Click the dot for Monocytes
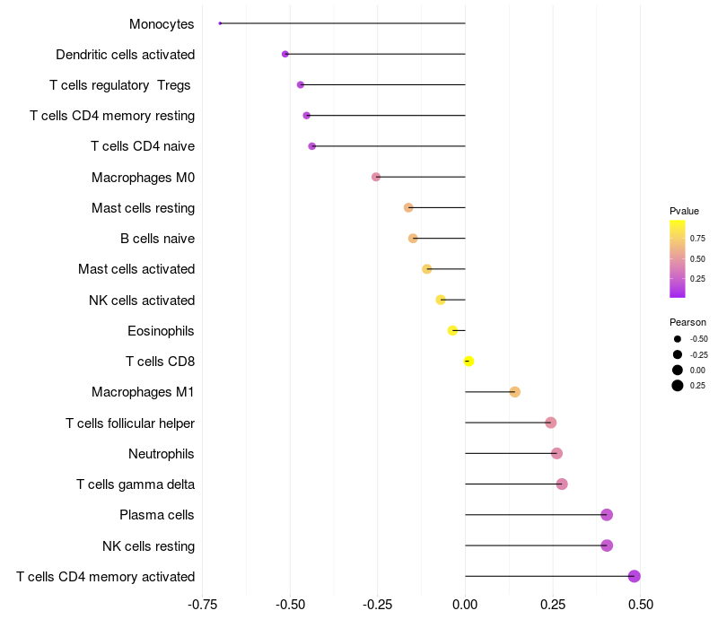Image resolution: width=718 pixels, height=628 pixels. coord(220,23)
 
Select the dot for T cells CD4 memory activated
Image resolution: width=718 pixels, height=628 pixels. coord(635,576)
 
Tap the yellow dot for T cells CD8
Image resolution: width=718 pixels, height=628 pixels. coord(468,362)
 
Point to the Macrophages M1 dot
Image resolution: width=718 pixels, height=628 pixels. coord(514,392)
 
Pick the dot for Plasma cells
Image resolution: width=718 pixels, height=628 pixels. coord(607,515)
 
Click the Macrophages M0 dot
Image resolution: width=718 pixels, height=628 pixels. coord(376,177)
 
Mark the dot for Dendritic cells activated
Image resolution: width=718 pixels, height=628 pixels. coord(285,54)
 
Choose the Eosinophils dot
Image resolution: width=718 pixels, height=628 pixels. coord(452,331)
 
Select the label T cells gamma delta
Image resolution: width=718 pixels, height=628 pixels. coord(136,484)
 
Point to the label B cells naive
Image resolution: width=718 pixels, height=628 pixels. coord(157,239)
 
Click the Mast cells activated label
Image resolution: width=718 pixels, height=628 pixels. coord(136,269)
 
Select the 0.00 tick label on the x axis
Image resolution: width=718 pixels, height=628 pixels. coord(465,605)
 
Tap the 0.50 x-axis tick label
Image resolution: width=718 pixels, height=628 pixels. coord(640,605)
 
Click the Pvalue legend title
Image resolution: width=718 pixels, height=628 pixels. coord(684,211)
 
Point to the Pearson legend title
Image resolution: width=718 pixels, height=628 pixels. coord(687,322)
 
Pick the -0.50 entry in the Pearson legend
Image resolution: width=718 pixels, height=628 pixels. coord(698,339)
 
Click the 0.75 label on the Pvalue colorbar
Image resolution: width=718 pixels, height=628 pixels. coord(697,239)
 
